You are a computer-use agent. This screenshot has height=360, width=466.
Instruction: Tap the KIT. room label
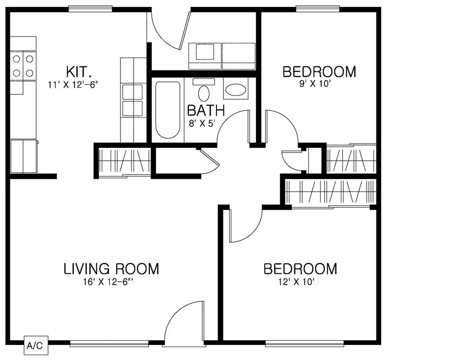pyautogui.click(x=78, y=72)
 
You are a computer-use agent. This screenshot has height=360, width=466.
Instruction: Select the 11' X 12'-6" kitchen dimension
pyautogui.click(x=73, y=85)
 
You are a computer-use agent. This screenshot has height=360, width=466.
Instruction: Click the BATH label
pyautogui.click(x=206, y=111)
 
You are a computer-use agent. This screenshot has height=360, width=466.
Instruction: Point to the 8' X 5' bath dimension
pyautogui.click(x=202, y=124)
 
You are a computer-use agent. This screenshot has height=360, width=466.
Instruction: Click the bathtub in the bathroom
pyautogui.click(x=168, y=110)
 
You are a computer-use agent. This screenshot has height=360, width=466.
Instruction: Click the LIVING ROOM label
pyautogui.click(x=111, y=269)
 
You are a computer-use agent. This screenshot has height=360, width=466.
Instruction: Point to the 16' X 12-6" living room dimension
pyautogui.click(x=108, y=282)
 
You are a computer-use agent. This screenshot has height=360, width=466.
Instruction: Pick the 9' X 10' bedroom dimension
pyautogui.click(x=315, y=84)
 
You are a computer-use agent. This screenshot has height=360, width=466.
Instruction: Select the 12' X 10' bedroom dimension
pyautogui.click(x=296, y=282)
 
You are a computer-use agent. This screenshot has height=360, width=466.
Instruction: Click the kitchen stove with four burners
pyautogui.click(x=23, y=66)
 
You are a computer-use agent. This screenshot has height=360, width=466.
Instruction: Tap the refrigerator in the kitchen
pyautogui.click(x=23, y=156)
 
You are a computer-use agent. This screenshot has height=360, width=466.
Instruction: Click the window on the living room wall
pyautogui.click(x=109, y=343)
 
